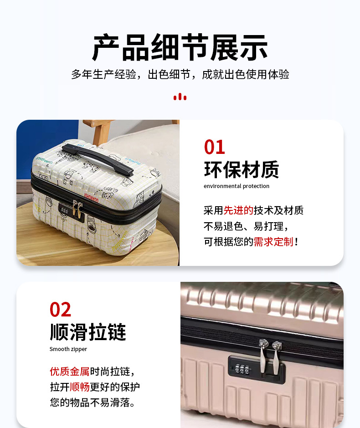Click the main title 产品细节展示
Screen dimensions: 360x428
180,47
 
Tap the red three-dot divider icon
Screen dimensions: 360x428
180,97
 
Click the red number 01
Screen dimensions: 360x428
215,147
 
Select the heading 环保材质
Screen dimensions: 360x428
242,170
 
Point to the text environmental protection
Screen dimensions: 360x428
237,186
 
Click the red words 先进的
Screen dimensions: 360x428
238,210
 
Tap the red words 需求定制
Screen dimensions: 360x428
273,242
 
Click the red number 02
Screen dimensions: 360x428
60,310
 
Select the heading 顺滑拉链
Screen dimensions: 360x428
87,332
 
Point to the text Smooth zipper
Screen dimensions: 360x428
68,349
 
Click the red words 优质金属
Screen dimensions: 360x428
70,372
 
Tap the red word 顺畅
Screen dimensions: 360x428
80,387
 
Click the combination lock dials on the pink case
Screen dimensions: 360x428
242,369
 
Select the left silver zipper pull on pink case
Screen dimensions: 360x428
263,356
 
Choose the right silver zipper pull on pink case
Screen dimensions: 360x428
277,357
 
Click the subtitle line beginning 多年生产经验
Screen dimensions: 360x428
180,74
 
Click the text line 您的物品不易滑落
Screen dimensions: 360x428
93,403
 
